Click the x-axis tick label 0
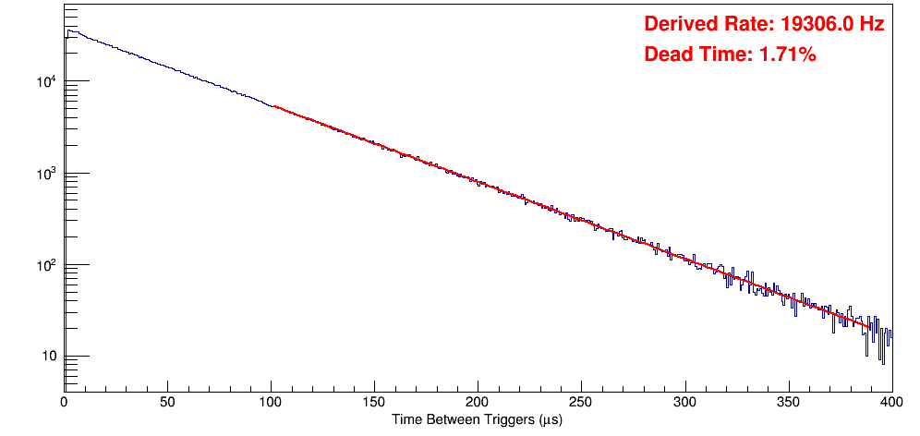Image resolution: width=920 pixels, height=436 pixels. coord(64,403)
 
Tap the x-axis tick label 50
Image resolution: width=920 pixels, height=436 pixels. coord(167,403)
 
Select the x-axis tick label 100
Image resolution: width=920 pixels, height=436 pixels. coord(271,403)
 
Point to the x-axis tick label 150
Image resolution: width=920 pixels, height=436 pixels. coord(374,403)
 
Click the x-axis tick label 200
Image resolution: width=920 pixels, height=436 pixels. coord(478,403)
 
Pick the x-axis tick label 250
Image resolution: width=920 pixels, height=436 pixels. coord(581,403)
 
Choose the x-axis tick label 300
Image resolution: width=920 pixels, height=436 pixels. coord(684,403)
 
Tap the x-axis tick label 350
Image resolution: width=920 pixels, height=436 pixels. coord(788,403)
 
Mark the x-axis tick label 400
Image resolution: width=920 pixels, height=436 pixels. coord(890,403)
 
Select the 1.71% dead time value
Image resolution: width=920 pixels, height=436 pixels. coord(787,55)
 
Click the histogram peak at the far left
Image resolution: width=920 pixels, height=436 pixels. coord(68,30)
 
